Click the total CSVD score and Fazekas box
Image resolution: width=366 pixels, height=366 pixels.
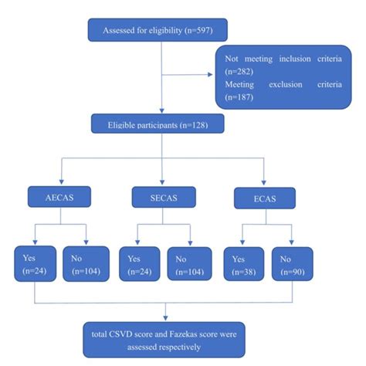164,338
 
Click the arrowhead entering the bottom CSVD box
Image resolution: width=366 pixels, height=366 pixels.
164,318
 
